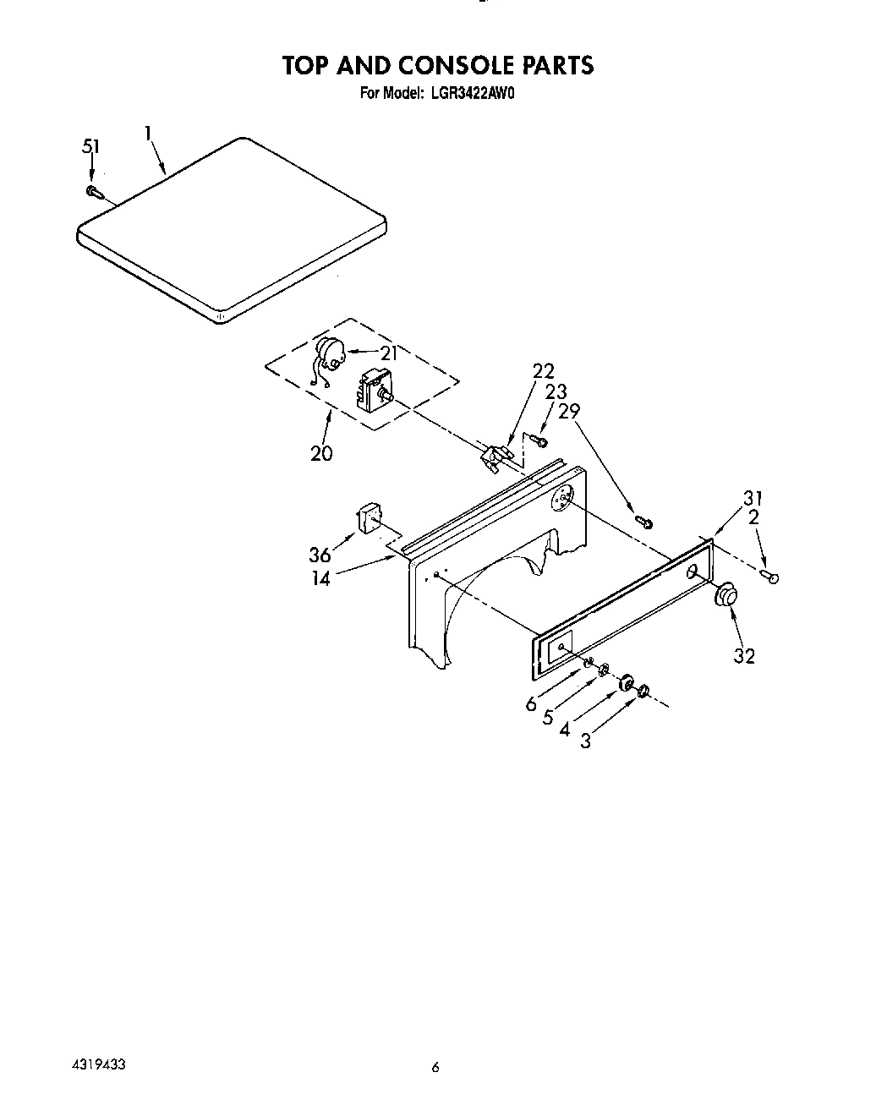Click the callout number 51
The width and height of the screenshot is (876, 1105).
point(90,146)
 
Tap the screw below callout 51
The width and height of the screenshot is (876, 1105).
point(93,192)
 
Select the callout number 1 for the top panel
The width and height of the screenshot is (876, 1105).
point(148,133)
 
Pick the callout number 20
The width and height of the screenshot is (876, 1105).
point(321,453)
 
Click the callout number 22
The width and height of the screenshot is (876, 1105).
point(543,370)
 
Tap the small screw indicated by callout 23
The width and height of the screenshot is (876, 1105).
point(542,440)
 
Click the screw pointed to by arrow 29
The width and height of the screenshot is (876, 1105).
point(643,522)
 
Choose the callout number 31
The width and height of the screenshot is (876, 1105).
point(753,498)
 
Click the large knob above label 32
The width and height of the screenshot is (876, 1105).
point(725,596)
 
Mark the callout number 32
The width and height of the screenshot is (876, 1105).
point(744,655)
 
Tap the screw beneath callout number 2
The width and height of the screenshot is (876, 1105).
point(770,577)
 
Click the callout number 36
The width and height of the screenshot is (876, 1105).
point(320,555)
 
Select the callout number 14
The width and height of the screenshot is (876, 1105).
point(320,579)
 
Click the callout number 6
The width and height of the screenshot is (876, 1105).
point(531,703)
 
